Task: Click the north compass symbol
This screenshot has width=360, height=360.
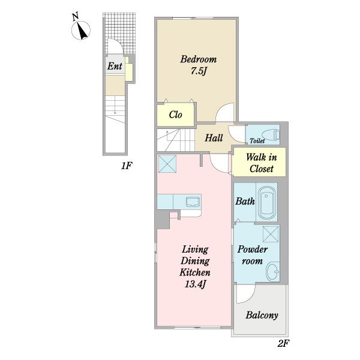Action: point(80,27)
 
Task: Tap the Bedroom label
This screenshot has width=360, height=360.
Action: point(199,59)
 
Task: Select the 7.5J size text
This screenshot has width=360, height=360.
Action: point(199,71)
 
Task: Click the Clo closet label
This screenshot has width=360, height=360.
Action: point(175,115)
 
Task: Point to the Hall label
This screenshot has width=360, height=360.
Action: point(214,138)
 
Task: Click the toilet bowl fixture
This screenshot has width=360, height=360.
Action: point(270,134)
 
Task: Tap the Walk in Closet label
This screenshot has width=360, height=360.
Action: point(261,163)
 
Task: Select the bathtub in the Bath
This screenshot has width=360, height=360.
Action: point(266,203)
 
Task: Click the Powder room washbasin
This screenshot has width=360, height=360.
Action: point(272,272)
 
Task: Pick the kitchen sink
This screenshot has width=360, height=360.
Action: point(193,202)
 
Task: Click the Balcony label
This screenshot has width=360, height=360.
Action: point(262,315)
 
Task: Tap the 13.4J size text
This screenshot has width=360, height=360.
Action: point(195,284)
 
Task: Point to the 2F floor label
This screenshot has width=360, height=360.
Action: point(283,343)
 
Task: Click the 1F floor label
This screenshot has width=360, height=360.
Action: point(127,166)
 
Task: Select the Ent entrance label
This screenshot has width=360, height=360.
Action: point(115,66)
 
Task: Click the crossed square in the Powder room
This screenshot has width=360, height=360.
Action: point(271,234)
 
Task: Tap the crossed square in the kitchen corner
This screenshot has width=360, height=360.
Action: point(167,164)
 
